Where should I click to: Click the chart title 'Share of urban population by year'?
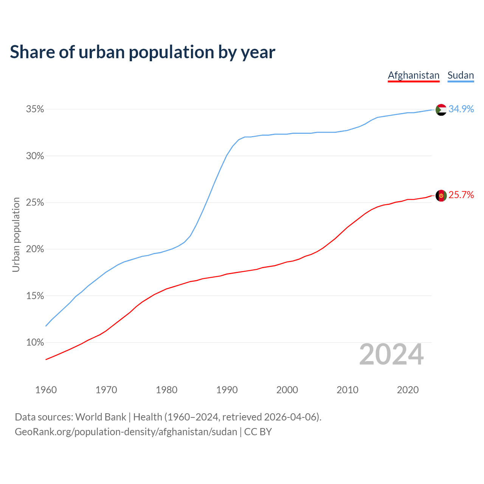[x=143, y=52]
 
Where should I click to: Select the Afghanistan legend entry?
[x=414, y=75]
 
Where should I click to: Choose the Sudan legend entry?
[x=461, y=75]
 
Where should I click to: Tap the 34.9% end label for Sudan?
[x=461, y=109]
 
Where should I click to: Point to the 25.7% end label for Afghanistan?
[x=461, y=195]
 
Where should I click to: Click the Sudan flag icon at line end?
[x=441, y=110]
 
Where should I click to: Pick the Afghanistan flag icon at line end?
[x=441, y=195]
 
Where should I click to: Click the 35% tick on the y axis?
[x=35, y=109]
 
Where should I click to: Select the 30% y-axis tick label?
[x=35, y=156]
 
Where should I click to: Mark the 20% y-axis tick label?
[x=35, y=249]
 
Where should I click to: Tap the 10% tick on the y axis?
[x=35, y=343]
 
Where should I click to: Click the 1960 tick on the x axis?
[x=46, y=390]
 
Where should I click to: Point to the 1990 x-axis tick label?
[x=227, y=390]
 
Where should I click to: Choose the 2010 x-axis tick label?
[x=347, y=390]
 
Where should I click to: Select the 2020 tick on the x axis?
[x=408, y=390]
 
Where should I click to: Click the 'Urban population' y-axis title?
[x=16, y=234]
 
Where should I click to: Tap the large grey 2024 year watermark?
[x=391, y=355]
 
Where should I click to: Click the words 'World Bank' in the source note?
[x=101, y=417]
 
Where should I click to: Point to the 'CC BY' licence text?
[x=258, y=432]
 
